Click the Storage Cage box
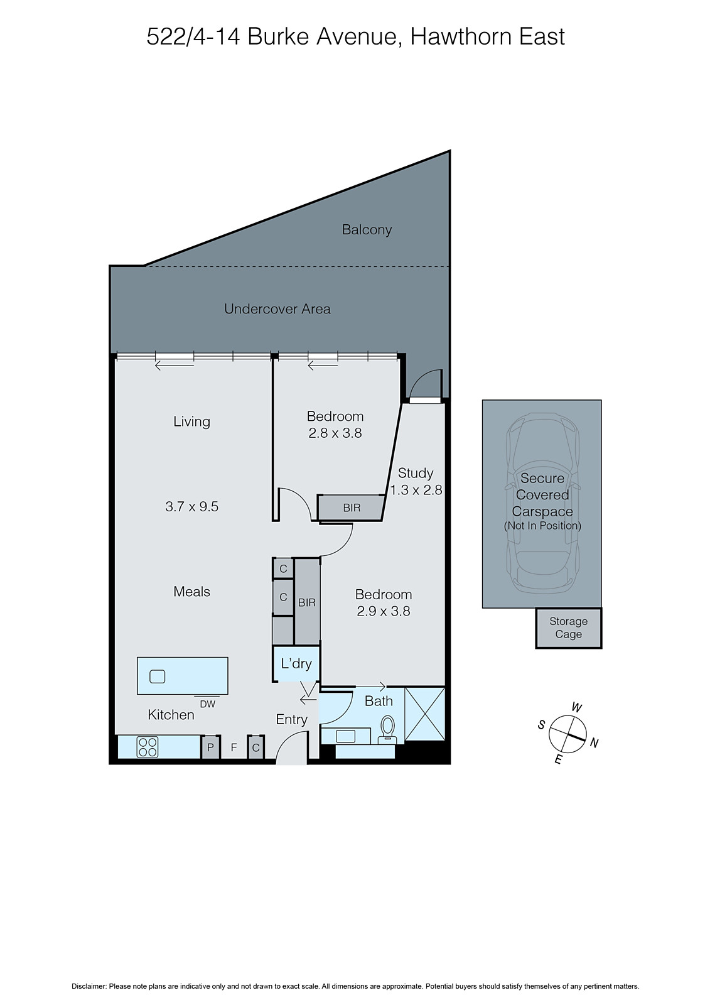pos(568,627)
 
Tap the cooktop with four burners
pos(148,747)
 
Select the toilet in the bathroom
pos(387,729)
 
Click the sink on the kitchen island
pos(157,676)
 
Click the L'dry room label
pos(296,663)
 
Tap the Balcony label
pos(367,230)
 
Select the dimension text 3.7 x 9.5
pos(191,506)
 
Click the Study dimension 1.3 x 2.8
pos(416,490)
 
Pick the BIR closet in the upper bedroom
pos(351,508)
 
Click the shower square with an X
pos(425,714)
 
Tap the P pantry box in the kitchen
pos(210,747)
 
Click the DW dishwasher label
pos(207,705)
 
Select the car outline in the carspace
pos(542,503)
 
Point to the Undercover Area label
pos(277,309)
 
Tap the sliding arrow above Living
pos(175,364)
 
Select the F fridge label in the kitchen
pos(234,748)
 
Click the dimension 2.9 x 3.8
pos(383,611)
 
